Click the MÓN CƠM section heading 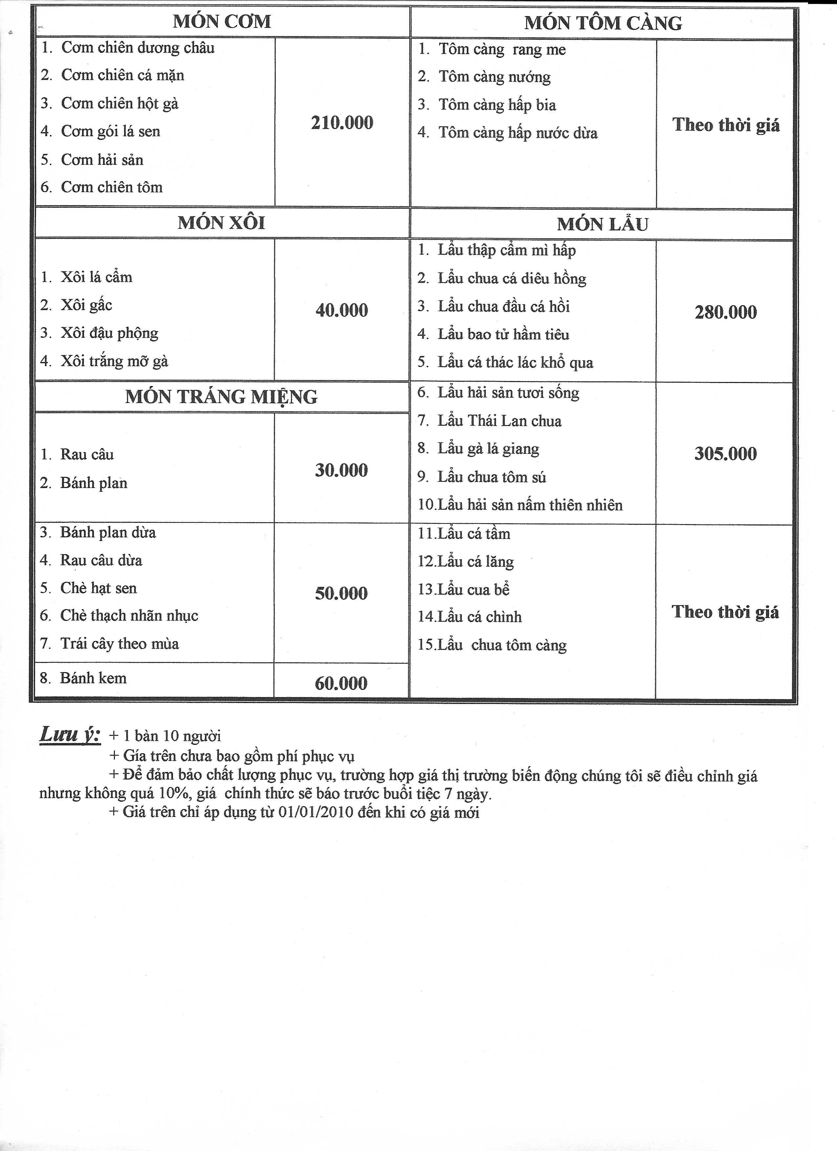coord(222,22)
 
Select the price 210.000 coord(342,123)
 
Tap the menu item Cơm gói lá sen coord(110,131)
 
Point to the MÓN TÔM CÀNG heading coord(603,23)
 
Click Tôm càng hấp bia coord(497,105)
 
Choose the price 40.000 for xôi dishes coord(342,310)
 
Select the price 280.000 coord(725,312)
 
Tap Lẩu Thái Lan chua coord(500,421)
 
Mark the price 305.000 coord(725,454)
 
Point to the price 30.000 coord(341,470)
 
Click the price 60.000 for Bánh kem coord(341,683)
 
